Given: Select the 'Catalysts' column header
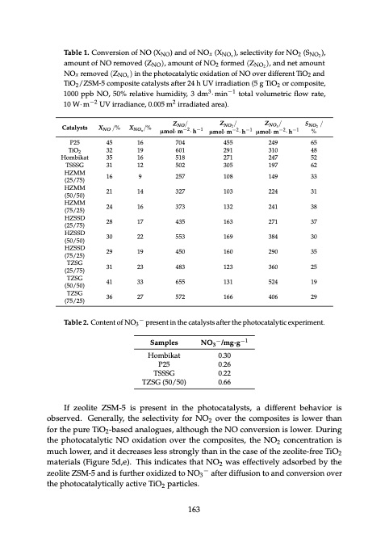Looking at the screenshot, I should click(71, 128).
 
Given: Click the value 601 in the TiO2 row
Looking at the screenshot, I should click(170, 150).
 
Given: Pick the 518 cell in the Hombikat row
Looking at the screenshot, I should click(170, 159).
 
